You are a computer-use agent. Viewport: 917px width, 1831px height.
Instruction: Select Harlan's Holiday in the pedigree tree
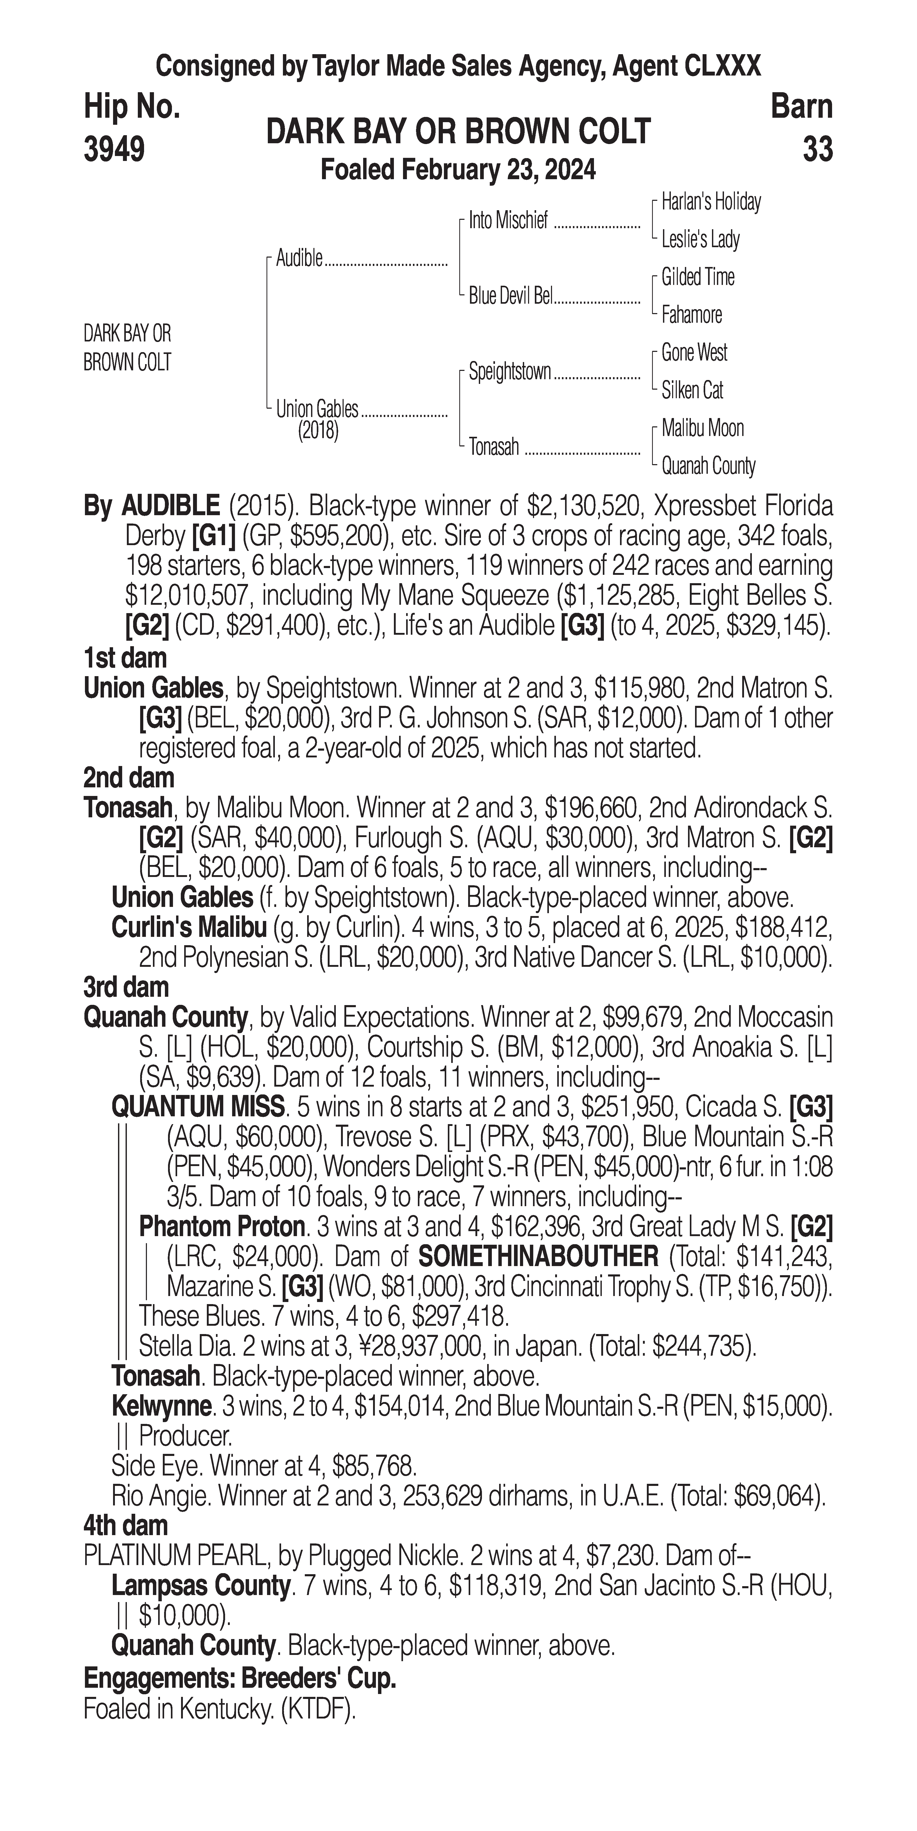[710, 202]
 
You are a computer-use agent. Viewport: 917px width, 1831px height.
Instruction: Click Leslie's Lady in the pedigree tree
[700, 240]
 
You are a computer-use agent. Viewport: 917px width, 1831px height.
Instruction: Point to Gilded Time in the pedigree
[697, 277]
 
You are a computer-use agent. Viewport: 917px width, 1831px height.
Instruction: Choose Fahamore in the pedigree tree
[691, 315]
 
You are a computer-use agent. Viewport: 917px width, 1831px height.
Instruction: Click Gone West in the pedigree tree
[694, 353]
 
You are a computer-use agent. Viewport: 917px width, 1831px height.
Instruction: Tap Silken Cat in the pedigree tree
[692, 390]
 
